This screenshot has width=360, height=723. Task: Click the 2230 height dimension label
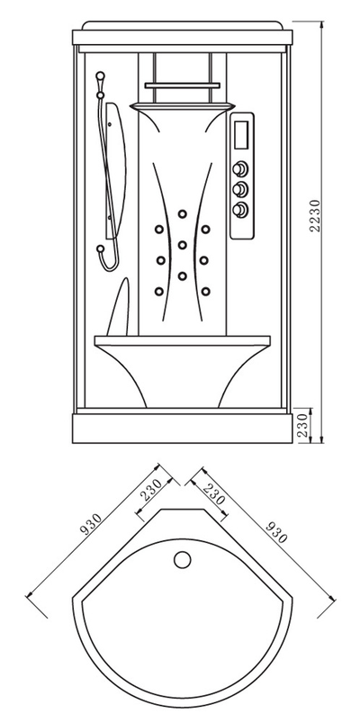coord(315,216)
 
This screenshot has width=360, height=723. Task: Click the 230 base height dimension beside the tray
coord(303,426)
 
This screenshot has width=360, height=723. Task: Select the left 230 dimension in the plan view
coord(152,490)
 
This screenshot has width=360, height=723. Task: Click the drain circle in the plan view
coord(183,559)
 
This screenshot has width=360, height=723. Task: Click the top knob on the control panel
coord(239,168)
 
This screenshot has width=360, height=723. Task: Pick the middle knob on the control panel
coord(239,189)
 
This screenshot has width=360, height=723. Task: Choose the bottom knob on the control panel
coord(239,210)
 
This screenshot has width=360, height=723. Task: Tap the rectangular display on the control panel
coord(241,134)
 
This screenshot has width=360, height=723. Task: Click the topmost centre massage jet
coord(183,214)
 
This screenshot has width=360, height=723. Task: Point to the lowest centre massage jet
coord(183,276)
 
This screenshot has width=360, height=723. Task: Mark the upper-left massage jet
coord(159,230)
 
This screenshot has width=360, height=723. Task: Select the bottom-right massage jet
coord(205,291)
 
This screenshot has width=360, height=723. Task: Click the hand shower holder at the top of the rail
coord(100,76)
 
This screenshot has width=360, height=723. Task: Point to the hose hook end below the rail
coord(100,249)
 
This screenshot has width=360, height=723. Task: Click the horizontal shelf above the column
coord(183,86)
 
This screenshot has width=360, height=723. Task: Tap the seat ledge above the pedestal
coord(183,340)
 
